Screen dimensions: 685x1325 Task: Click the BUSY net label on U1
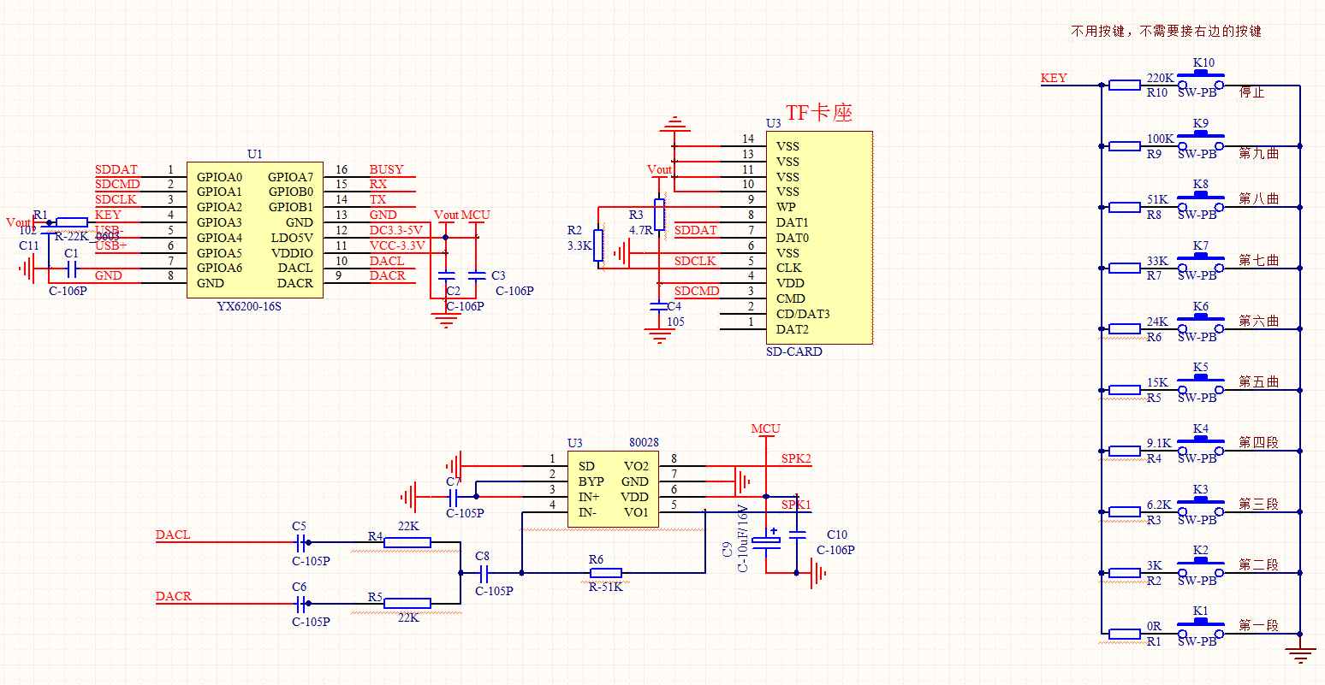[x=386, y=170]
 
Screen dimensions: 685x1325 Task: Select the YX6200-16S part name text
[x=249, y=306]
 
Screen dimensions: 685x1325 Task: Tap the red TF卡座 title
[x=819, y=113]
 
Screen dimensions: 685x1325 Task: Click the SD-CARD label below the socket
[x=793, y=351]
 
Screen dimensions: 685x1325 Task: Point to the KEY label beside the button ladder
[x=1054, y=78]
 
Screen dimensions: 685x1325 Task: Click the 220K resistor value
[x=1160, y=78]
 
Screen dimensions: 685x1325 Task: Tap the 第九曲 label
[x=1258, y=153]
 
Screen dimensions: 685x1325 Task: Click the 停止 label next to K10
[x=1251, y=92]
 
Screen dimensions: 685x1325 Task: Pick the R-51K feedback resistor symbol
[x=605, y=572]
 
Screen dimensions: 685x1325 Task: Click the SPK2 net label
[x=796, y=459]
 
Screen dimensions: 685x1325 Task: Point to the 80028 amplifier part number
[x=644, y=442]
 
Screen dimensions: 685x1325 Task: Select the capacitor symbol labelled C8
[x=483, y=572]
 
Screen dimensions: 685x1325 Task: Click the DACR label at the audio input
[x=173, y=596]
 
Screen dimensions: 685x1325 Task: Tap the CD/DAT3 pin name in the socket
[x=803, y=314]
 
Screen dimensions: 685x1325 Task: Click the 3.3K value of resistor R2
[x=579, y=245]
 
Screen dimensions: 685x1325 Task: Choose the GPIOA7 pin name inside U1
[x=290, y=177]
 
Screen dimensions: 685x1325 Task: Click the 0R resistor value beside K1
[x=1155, y=627]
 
